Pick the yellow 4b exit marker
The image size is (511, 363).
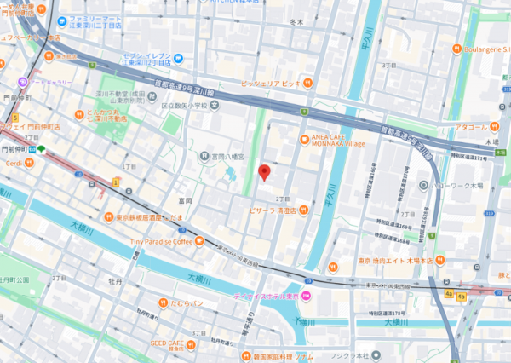(462, 295)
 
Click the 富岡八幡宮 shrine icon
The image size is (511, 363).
(205, 156)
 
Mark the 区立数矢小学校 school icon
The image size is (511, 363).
(214, 105)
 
